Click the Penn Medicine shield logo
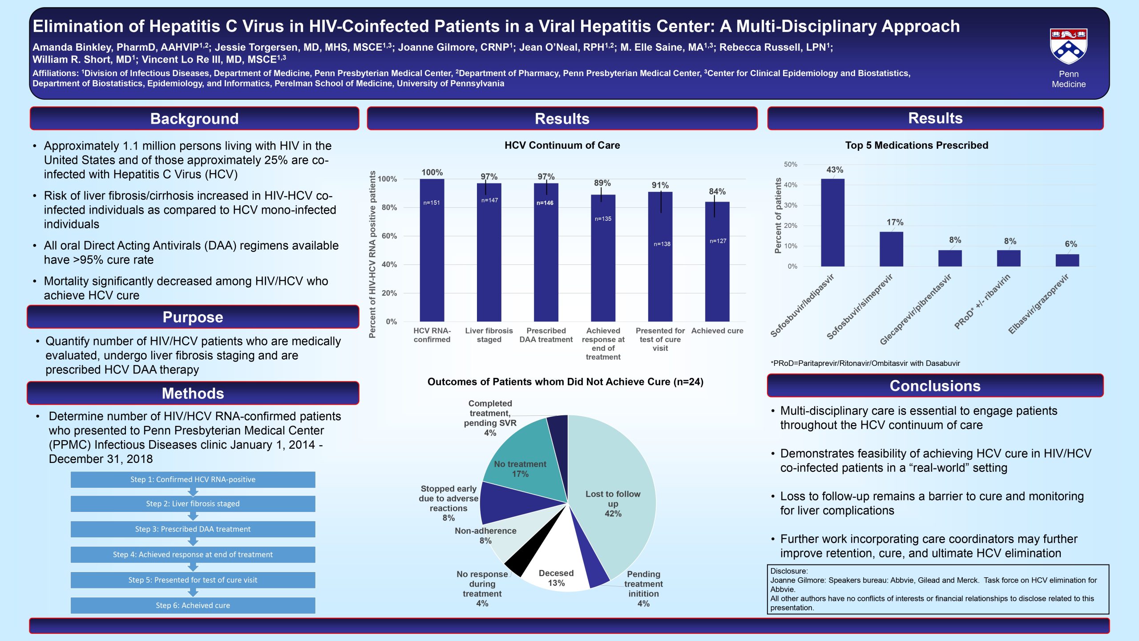click(1069, 46)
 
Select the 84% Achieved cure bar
click(717, 262)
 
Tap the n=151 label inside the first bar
click(432, 203)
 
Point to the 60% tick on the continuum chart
click(389, 236)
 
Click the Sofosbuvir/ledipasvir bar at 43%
click(833, 223)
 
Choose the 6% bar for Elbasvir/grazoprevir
click(1067, 260)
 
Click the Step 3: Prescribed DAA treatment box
click(193, 529)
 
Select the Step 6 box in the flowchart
click(193, 605)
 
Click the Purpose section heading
click(193, 317)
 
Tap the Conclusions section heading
click(935, 385)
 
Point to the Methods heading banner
click(193, 393)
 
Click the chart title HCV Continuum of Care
click(562, 145)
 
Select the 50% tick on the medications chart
click(790, 164)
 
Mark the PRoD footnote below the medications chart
click(865, 363)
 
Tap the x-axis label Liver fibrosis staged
click(489, 335)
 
